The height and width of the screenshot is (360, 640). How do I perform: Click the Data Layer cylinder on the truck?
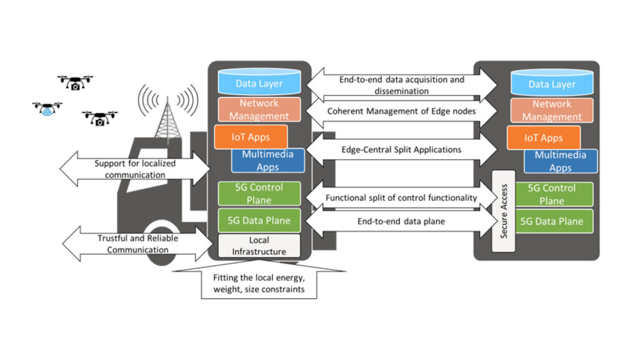point(259,83)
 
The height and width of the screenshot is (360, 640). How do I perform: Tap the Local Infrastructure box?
point(259,245)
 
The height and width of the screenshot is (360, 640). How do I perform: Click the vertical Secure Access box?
point(504,211)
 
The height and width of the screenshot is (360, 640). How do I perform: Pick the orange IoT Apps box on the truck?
point(251,137)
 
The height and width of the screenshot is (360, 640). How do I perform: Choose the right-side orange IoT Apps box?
point(543,138)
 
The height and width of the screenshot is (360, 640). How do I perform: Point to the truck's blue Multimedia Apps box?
point(267,161)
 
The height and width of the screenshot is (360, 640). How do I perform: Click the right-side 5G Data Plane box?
point(552,221)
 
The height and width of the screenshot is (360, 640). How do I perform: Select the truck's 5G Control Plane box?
point(258,194)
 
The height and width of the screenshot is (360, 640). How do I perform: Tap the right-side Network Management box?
point(552,110)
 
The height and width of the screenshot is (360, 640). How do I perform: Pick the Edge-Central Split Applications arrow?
point(401,150)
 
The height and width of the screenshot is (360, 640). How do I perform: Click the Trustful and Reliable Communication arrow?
point(134,244)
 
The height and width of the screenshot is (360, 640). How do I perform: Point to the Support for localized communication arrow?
point(135,169)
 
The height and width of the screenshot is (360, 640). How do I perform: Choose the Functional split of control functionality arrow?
point(401,197)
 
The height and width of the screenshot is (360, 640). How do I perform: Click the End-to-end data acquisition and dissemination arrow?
point(401,85)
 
